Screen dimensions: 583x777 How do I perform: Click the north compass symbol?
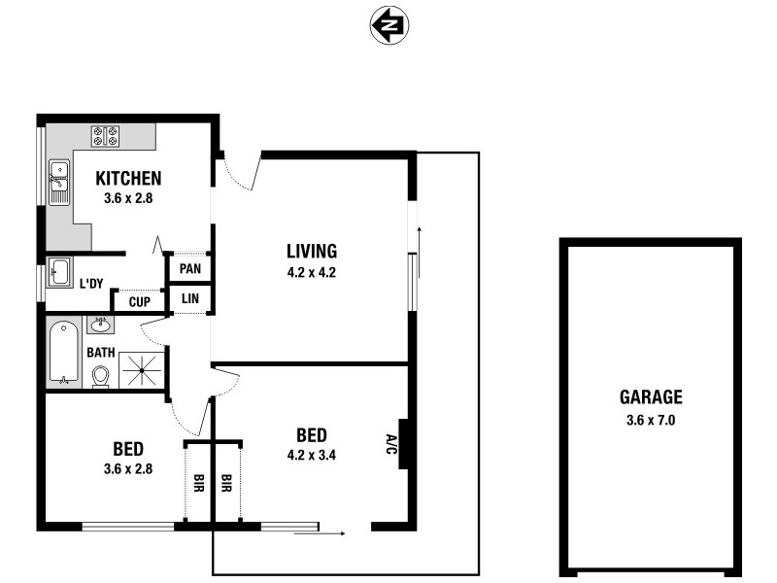pyautogui.click(x=389, y=25)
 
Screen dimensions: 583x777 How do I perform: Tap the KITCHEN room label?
pyautogui.click(x=128, y=179)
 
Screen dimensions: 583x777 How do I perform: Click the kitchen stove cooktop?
pyautogui.click(x=105, y=136)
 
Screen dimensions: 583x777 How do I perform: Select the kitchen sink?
pyautogui.click(x=58, y=182)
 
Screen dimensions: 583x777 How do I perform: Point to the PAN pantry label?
pyautogui.click(x=190, y=268)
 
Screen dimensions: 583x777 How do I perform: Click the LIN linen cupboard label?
pyautogui.click(x=190, y=299)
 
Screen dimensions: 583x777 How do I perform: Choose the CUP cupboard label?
pyautogui.click(x=140, y=302)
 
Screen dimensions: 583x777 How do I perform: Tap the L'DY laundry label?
pyautogui.click(x=91, y=284)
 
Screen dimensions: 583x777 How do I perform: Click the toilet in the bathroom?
pyautogui.click(x=99, y=375)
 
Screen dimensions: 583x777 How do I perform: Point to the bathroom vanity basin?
pyautogui.click(x=100, y=325)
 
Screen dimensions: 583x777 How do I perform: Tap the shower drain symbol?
pyautogui.click(x=142, y=370)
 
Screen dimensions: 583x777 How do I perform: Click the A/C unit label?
pyautogui.click(x=390, y=444)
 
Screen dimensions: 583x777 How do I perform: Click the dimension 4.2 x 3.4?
pyautogui.click(x=311, y=453)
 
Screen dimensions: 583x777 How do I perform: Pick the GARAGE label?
pyautogui.click(x=651, y=396)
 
